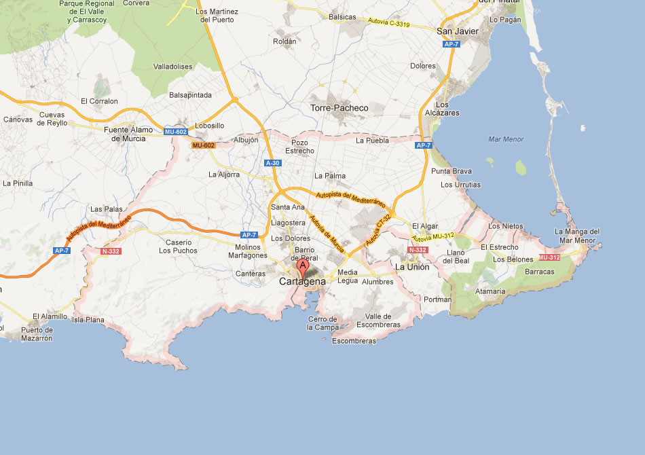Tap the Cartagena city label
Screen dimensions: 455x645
click(x=302, y=281)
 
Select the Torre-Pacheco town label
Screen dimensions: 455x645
click(x=339, y=108)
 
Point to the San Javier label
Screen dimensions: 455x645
click(x=457, y=31)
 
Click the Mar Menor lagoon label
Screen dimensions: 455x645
click(x=506, y=139)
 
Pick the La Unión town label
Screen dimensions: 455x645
click(x=412, y=267)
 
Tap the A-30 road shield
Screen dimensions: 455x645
click(x=273, y=163)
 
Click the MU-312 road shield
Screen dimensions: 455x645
click(x=549, y=257)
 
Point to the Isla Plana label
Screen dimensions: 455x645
click(x=88, y=319)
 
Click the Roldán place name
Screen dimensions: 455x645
click(x=284, y=41)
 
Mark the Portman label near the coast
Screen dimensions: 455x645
click(x=437, y=299)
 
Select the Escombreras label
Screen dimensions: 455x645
click(x=354, y=341)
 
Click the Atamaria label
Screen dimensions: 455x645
click(x=490, y=291)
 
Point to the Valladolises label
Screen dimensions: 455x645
click(x=173, y=67)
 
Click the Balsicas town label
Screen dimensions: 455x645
click(x=342, y=17)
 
